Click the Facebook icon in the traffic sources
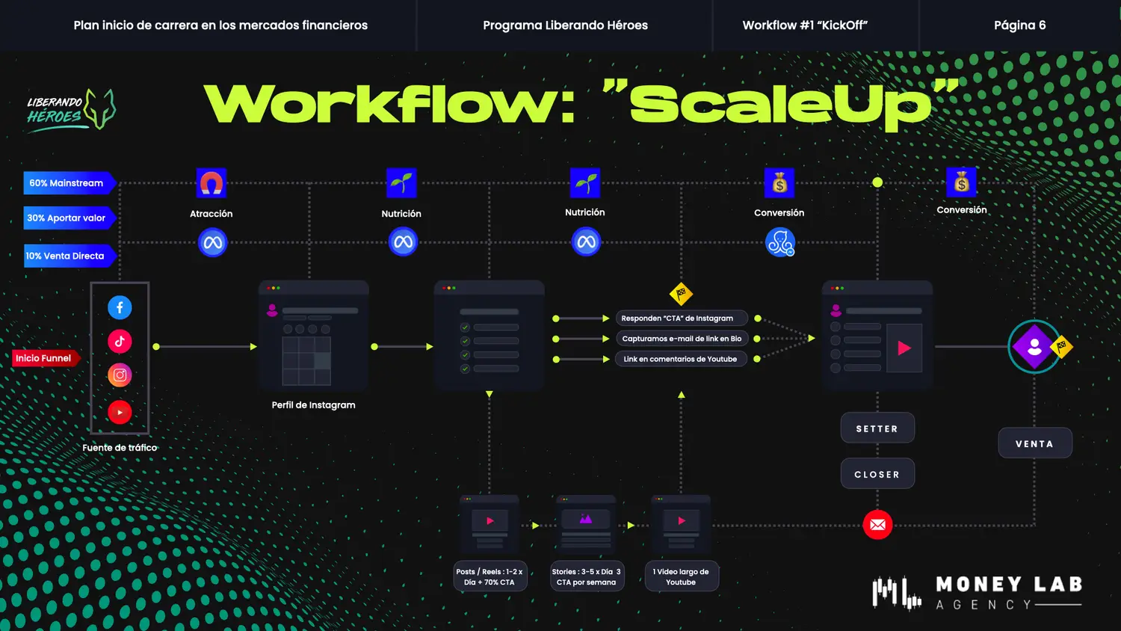click(x=120, y=307)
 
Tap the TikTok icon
click(x=120, y=342)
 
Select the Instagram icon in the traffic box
click(x=120, y=375)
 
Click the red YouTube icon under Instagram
click(x=120, y=412)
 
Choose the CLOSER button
click(x=877, y=474)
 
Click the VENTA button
click(x=1035, y=443)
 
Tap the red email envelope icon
click(x=878, y=525)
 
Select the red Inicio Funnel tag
click(x=43, y=358)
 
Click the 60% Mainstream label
click(x=67, y=183)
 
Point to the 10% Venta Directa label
click(x=66, y=256)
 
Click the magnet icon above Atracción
click(x=211, y=183)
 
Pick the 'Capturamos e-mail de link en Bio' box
click(x=682, y=339)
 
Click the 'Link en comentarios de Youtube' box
click(x=680, y=359)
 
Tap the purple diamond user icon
click(x=1034, y=347)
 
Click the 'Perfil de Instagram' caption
click(x=314, y=405)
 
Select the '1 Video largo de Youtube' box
click(x=681, y=576)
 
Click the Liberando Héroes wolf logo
click(x=71, y=110)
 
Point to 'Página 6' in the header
click(x=1019, y=25)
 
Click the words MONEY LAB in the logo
click(x=1009, y=584)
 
